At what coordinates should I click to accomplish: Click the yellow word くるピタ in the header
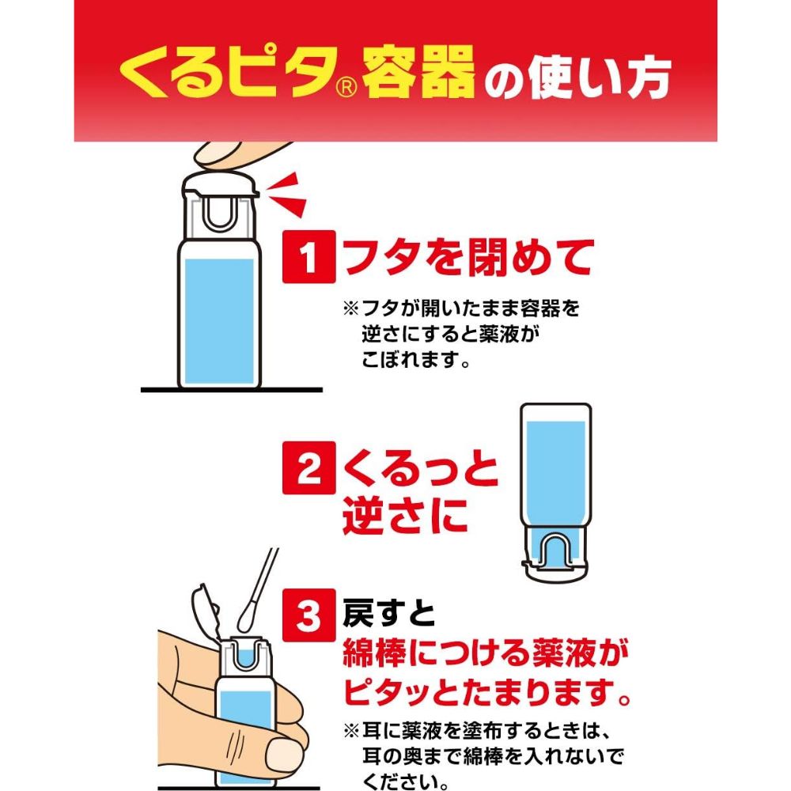click(x=222, y=75)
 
